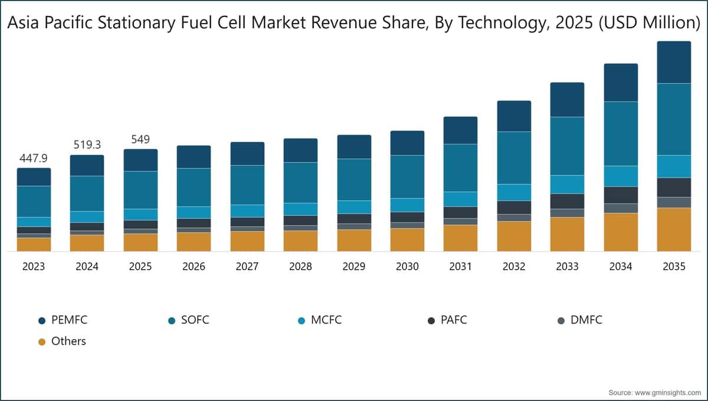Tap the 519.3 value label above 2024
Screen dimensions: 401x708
tap(87, 144)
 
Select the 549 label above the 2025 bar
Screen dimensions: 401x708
tap(140, 139)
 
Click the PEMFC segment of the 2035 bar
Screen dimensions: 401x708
tap(674, 63)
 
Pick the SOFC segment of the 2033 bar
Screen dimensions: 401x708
tap(567, 146)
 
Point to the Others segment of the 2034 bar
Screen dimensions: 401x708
tap(621, 232)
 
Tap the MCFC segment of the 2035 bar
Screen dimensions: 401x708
tap(674, 166)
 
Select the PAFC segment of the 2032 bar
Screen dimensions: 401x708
tap(514, 207)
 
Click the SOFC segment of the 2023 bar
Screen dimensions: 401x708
tap(34, 201)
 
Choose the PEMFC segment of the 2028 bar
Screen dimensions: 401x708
tap(300, 150)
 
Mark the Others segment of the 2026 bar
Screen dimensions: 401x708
tap(194, 242)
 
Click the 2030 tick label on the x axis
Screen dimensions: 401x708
tap(407, 267)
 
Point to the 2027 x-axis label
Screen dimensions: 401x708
tap(247, 267)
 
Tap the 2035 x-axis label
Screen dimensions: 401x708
tap(674, 267)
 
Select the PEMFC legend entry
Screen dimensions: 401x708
tap(69, 321)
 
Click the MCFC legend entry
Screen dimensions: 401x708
tap(326, 321)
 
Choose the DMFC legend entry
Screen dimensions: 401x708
tap(585, 321)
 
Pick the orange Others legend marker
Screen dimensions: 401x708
tap(41, 341)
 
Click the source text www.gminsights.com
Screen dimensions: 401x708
tap(666, 392)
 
